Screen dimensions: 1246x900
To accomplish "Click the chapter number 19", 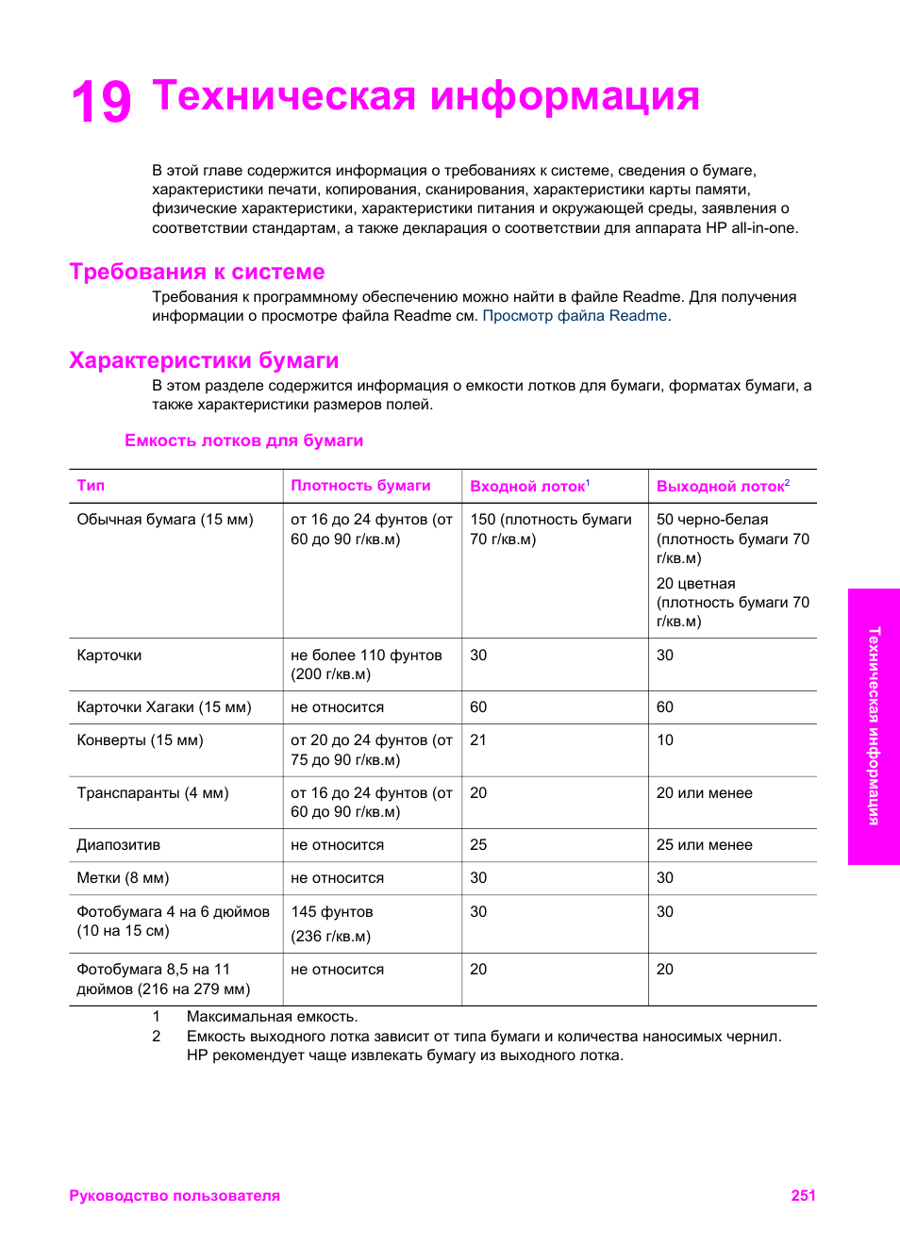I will pyautogui.click(x=101, y=102).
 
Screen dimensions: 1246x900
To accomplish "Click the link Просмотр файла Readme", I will pyautogui.click(x=575, y=316).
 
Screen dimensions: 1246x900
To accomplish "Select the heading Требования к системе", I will pyautogui.click(x=196, y=272).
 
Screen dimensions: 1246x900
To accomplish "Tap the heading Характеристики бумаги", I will pyautogui.click(x=204, y=360).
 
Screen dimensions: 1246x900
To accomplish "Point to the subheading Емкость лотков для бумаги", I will pyautogui.click(x=243, y=440).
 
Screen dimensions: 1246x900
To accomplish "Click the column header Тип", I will pyautogui.click(x=91, y=486).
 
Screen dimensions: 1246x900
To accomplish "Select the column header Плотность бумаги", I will pyautogui.click(x=360, y=486).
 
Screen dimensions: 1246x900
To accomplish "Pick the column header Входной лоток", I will pyautogui.click(x=527, y=487).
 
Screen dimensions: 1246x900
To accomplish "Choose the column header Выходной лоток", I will pyautogui.click(x=721, y=487).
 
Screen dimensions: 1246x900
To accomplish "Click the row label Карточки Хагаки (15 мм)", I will pyautogui.click(x=164, y=707).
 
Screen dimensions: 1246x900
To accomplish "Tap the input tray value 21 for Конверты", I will pyautogui.click(x=478, y=740).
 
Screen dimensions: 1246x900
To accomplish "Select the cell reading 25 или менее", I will pyautogui.click(x=704, y=845).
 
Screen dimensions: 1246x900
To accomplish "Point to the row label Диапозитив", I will pyautogui.click(x=118, y=845).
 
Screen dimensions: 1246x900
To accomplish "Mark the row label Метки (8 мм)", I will pyautogui.click(x=123, y=878).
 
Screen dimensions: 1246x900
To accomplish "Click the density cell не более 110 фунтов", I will pyautogui.click(x=366, y=656).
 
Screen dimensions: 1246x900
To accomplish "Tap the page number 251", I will pyautogui.click(x=803, y=1196).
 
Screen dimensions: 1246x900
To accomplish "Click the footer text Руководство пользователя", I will pyautogui.click(x=175, y=1196).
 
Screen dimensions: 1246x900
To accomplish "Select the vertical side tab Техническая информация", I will pyautogui.click(x=874, y=726).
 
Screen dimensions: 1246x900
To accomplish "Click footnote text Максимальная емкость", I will pyautogui.click(x=272, y=1017).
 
